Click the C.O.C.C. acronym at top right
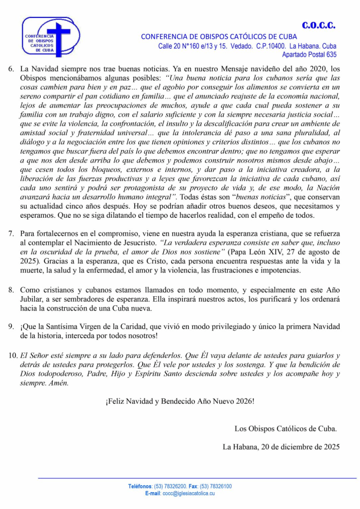pos(318,25)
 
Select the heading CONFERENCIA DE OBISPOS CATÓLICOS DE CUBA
pos(219,36)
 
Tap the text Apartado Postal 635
pos(309,55)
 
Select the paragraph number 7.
pos(11,234)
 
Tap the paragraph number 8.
pos(11,290)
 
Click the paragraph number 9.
pos(11,327)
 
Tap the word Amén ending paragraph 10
pos(58,383)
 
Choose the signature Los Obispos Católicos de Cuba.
pos(285,428)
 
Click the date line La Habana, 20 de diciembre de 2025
pos(281,446)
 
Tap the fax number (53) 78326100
pos(215,487)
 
